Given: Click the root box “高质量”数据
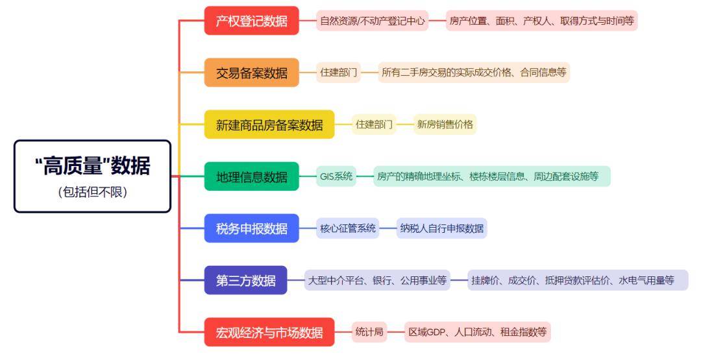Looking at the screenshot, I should (x=92, y=167).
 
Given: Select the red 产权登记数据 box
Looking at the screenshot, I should (x=251, y=21).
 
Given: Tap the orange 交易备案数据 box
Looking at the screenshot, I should (x=251, y=73).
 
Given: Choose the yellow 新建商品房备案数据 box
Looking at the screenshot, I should (x=269, y=125).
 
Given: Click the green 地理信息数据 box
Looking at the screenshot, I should (x=251, y=176).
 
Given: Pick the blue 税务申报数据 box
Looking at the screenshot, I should (x=251, y=228).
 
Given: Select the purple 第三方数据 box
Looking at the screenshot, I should (x=245, y=280).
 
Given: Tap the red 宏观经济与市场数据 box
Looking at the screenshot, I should (x=269, y=333).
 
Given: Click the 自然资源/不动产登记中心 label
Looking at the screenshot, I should (x=373, y=21).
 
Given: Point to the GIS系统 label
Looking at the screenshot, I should (x=336, y=176).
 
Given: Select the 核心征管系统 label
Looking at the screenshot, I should (x=348, y=228).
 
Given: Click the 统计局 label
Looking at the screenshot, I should (x=369, y=333).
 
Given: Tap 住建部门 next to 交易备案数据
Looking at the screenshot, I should (x=339, y=73).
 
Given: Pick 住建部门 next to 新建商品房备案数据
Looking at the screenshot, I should (x=374, y=125).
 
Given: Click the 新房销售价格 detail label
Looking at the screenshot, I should (x=445, y=125).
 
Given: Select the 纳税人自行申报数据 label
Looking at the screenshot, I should (x=441, y=228).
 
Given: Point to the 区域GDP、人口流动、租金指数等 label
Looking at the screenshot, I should (x=477, y=333).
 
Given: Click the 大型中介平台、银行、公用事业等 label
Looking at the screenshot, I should (x=377, y=280).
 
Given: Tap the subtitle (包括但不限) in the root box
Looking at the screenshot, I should (x=92, y=193).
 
